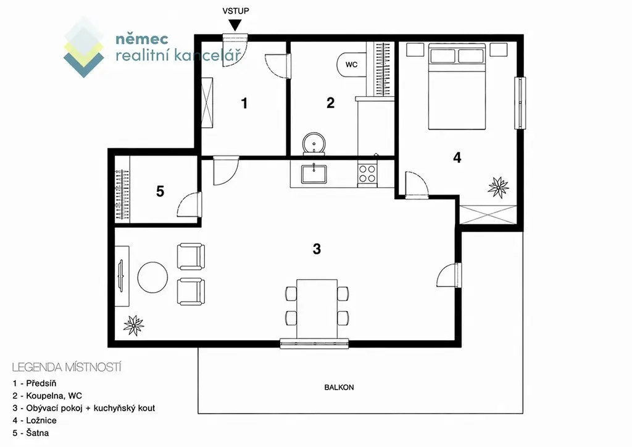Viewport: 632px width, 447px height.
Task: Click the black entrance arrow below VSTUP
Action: pyautogui.click(x=235, y=25)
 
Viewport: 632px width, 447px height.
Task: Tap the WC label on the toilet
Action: pyautogui.click(x=351, y=64)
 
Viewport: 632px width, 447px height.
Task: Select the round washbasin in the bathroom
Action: pyautogui.click(x=314, y=143)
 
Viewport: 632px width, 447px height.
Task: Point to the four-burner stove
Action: pyautogui.click(x=367, y=173)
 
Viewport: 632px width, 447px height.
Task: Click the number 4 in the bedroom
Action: pyautogui.click(x=457, y=157)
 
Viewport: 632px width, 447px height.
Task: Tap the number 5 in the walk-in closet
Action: pyautogui.click(x=160, y=191)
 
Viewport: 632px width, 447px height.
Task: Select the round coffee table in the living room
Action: pyautogui.click(x=153, y=277)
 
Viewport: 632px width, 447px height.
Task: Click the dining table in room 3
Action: pyautogui.click(x=317, y=309)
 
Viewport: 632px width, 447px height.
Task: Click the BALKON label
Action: pyautogui.click(x=339, y=387)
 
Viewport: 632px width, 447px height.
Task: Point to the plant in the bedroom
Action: pyautogui.click(x=498, y=187)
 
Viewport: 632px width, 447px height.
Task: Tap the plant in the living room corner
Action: pyautogui.click(x=133, y=325)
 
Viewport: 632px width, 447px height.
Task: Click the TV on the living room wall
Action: pyautogui.click(x=120, y=276)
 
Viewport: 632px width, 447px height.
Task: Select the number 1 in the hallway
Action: pyautogui.click(x=244, y=104)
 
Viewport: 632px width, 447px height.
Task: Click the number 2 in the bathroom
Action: pyautogui.click(x=331, y=102)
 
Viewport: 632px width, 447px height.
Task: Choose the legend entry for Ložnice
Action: pyautogui.click(x=35, y=420)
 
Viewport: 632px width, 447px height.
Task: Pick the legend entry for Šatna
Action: pyautogui.click(x=31, y=433)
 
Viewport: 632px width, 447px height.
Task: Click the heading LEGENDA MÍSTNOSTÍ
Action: pyautogui.click(x=67, y=367)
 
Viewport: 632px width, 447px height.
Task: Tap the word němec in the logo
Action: pyautogui.click(x=142, y=39)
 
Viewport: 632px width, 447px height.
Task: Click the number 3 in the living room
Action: pyautogui.click(x=317, y=249)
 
